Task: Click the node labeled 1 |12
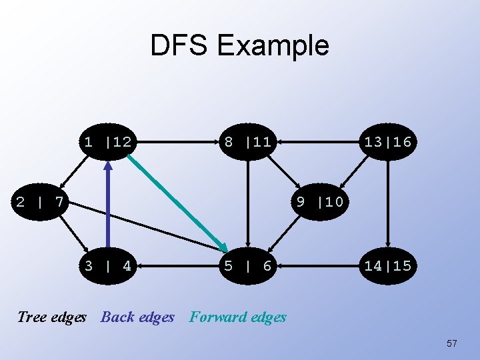[107, 141]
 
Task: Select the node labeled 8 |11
[247, 141]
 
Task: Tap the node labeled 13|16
[387, 141]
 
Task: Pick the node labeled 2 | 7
[40, 201]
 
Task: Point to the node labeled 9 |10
[320, 201]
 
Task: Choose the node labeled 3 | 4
[107, 266]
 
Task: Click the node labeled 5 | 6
[247, 266]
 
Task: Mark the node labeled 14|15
[387, 266]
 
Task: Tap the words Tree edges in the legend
[52, 317]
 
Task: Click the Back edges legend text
[137, 317]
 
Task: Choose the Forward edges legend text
[238, 317]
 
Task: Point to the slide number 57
[452, 343]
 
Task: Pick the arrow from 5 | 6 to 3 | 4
[177, 266]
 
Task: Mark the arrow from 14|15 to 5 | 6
[317, 266]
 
